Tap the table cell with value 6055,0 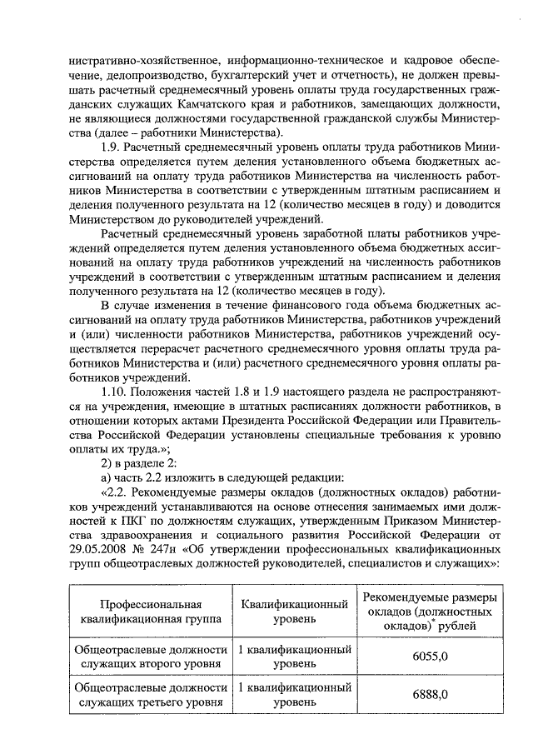431,657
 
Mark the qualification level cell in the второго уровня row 295,657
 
